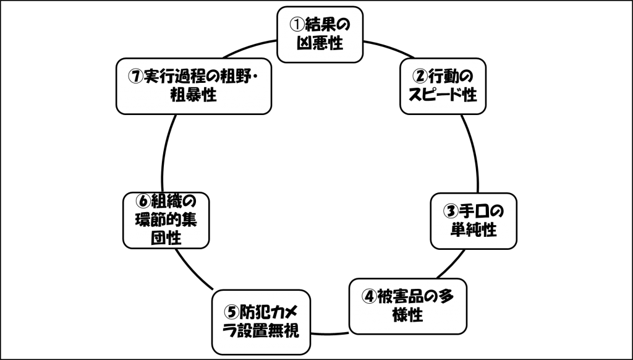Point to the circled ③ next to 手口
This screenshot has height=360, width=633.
pos(451,211)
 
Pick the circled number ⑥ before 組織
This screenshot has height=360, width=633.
pos(142,202)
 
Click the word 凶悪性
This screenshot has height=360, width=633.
pos(319,44)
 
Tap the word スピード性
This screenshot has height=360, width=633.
pos(443,96)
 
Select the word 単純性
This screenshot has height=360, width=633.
pos(474,230)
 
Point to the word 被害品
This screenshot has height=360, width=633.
pos(402,296)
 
